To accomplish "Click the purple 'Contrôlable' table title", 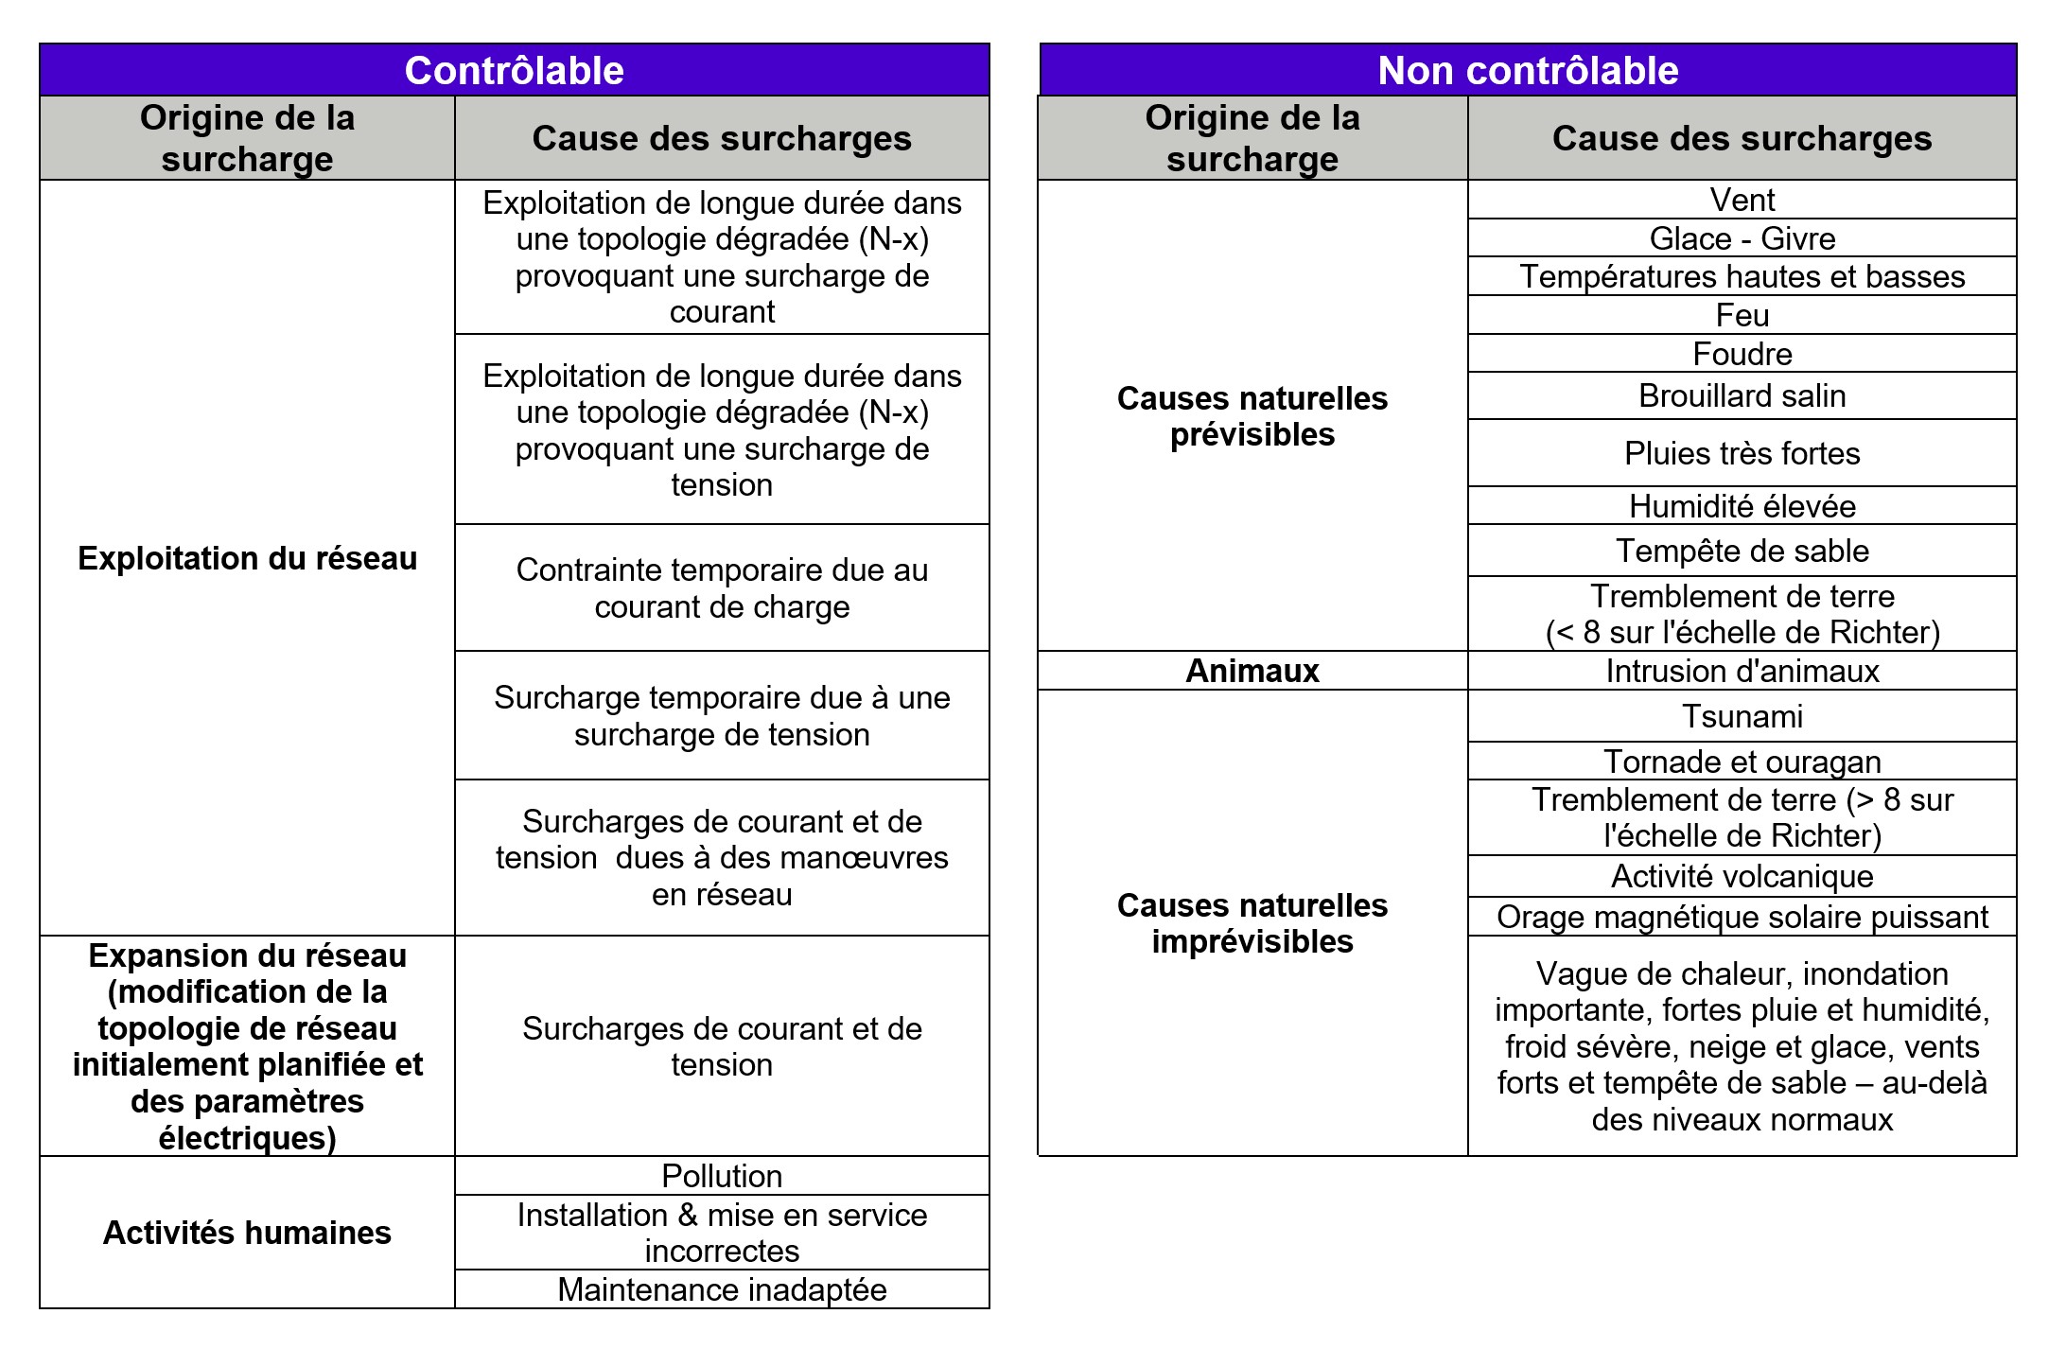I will click(x=514, y=71).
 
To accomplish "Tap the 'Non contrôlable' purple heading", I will click(x=1528, y=71).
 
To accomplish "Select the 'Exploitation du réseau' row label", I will click(x=247, y=558).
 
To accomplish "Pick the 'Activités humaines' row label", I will click(x=247, y=1233).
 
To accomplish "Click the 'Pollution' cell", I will click(x=722, y=1176).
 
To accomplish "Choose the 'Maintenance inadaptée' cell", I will click(x=722, y=1289).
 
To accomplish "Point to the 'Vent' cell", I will click(x=1742, y=200).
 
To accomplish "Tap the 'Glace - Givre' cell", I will click(x=1742, y=238).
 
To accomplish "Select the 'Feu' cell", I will click(x=1742, y=315).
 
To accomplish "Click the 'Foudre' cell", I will click(x=1742, y=354).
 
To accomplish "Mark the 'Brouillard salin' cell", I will click(x=1742, y=395).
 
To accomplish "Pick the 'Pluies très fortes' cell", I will click(x=1742, y=453).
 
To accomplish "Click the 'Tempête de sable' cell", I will click(x=1742, y=551).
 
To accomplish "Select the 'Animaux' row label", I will click(x=1252, y=671).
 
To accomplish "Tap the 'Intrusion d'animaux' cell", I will click(x=1742, y=671).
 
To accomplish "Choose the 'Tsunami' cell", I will click(x=1742, y=716).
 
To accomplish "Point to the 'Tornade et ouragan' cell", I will click(x=1742, y=762).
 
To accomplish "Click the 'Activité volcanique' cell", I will click(x=1742, y=876).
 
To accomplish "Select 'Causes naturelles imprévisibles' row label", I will click(x=1252, y=923).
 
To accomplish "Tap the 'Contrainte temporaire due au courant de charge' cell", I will click(x=722, y=588).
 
